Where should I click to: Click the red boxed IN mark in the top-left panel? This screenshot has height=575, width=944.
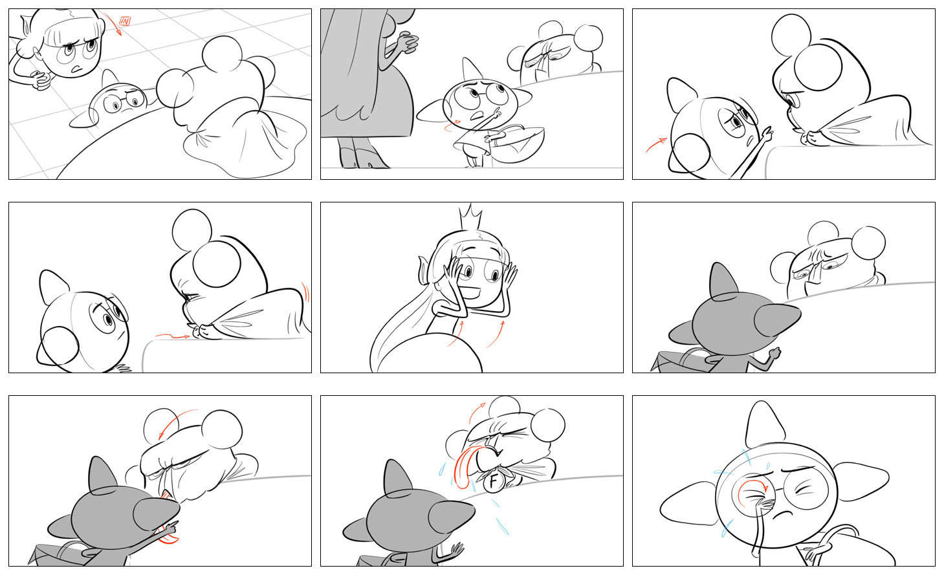click(125, 21)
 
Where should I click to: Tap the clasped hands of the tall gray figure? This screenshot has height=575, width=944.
click(407, 43)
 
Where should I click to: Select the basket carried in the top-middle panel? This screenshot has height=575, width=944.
click(517, 143)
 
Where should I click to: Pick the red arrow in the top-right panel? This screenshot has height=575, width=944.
click(657, 144)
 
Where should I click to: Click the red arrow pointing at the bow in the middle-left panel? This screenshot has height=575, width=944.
click(172, 336)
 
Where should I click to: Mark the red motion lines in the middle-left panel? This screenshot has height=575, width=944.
click(305, 292)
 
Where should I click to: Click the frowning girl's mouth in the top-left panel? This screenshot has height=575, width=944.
click(76, 68)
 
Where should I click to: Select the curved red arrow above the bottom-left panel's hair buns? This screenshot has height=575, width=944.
click(178, 423)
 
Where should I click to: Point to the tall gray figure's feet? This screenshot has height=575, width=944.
click(362, 158)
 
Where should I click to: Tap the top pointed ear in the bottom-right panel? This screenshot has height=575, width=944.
click(765, 424)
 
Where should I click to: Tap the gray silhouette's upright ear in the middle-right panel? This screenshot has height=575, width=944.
click(723, 281)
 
